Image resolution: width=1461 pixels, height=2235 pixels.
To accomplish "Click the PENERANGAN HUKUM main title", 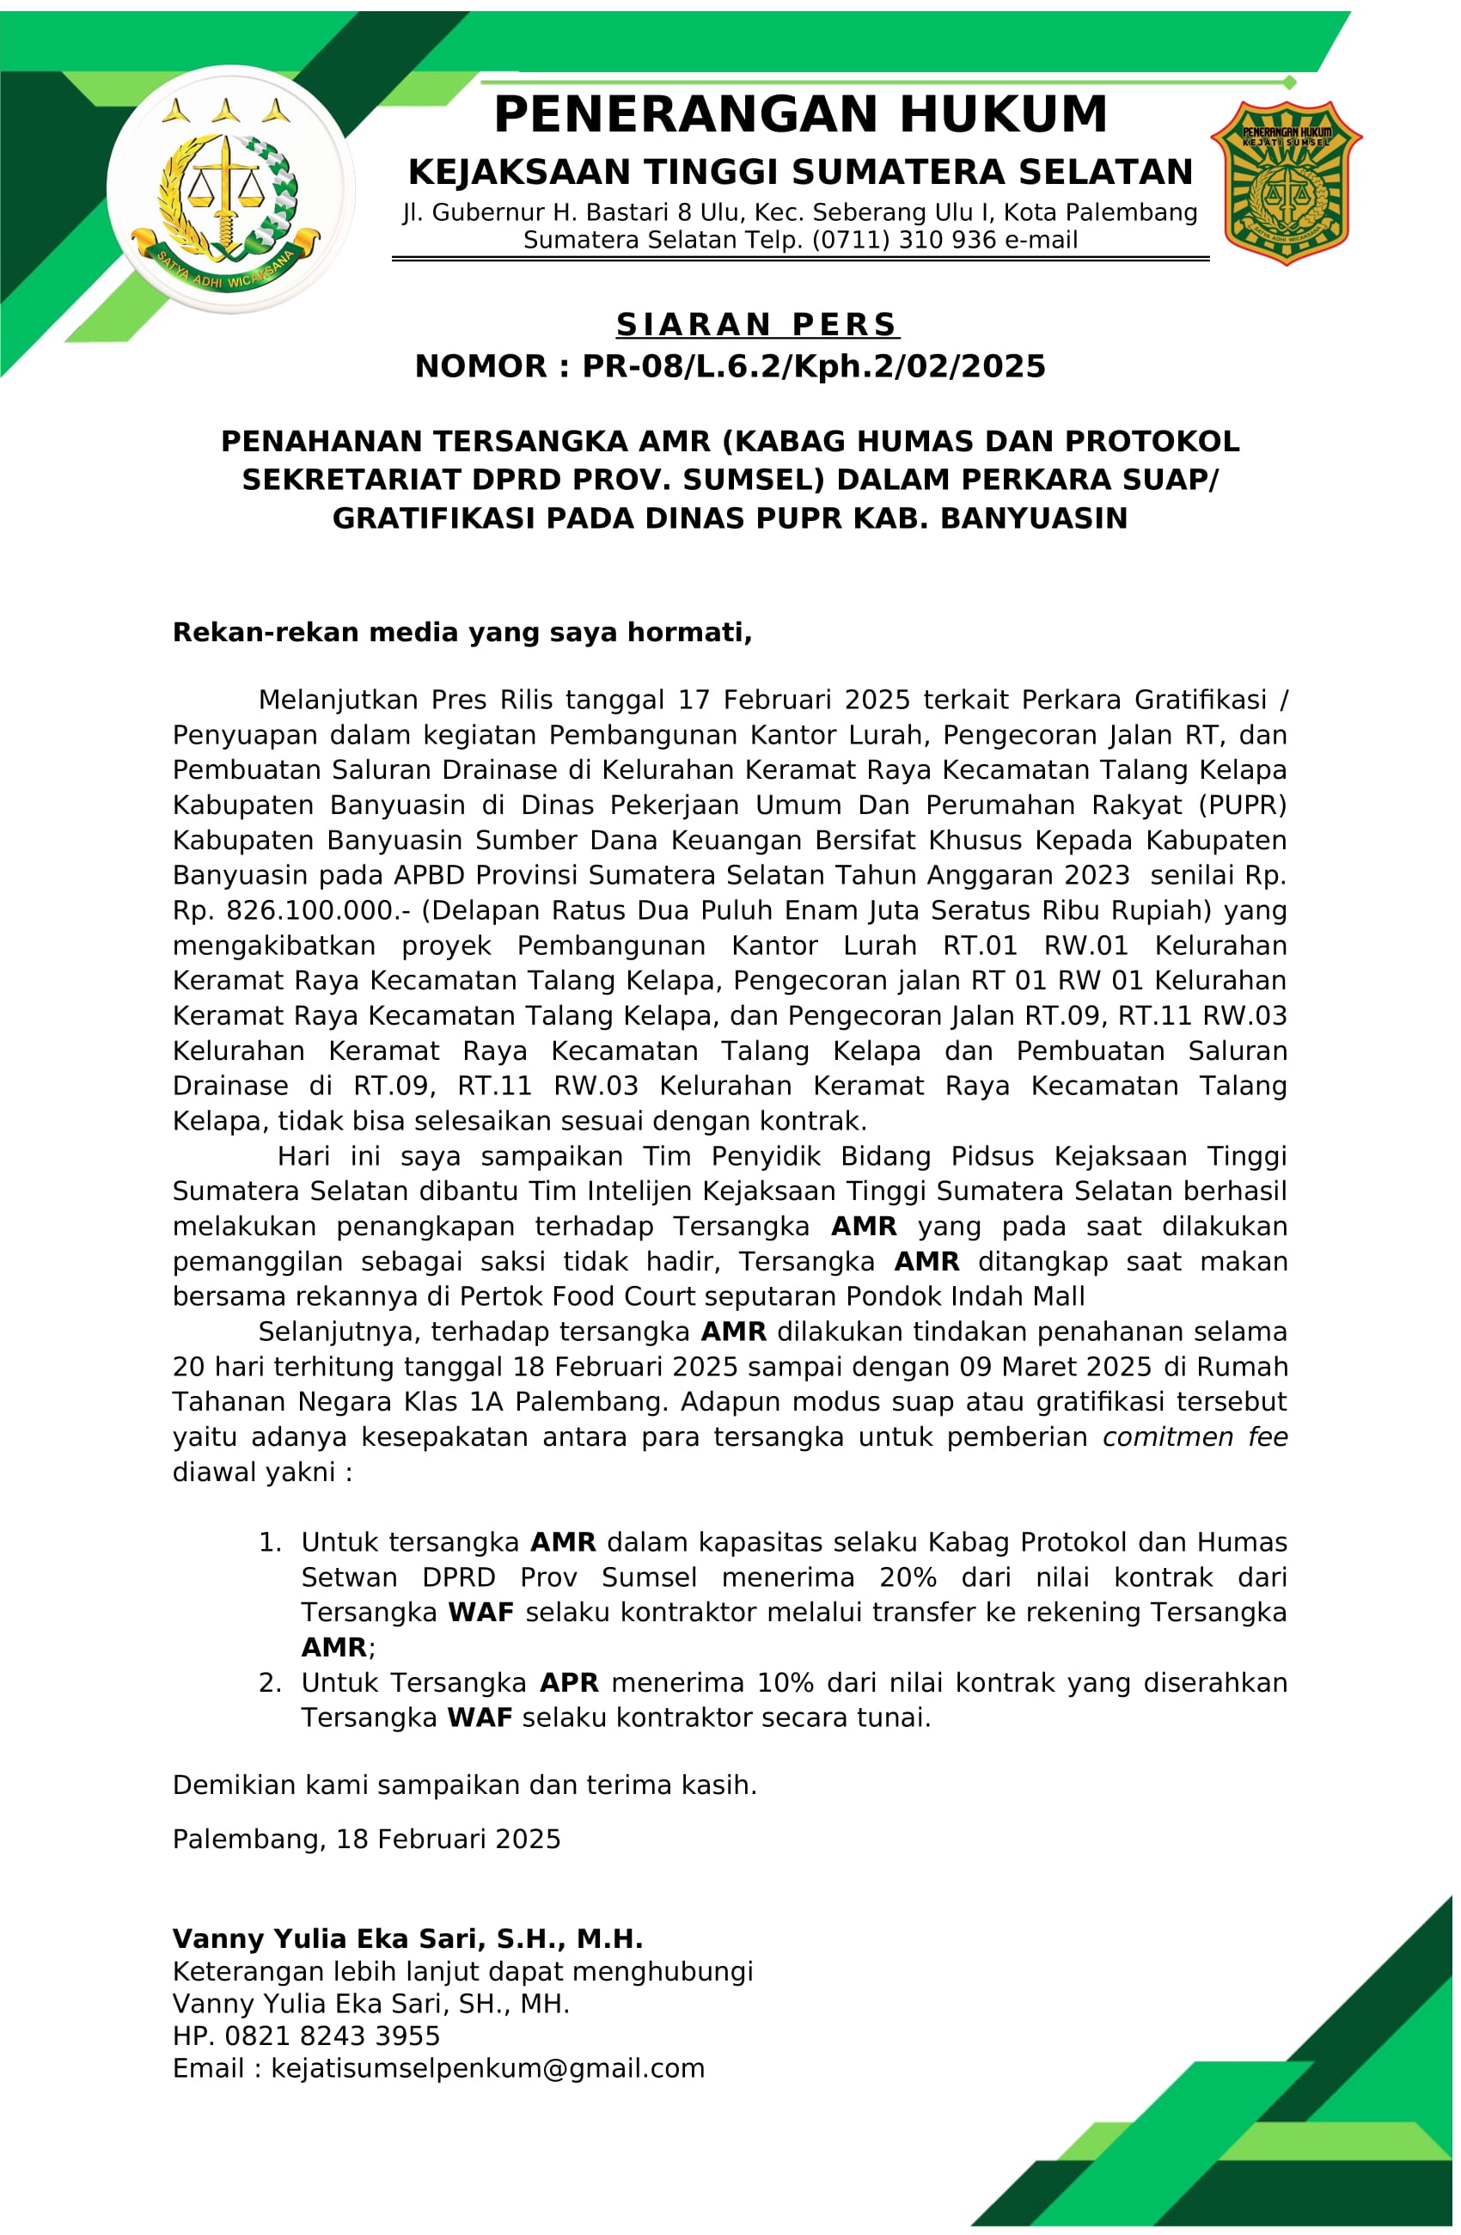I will [800, 115].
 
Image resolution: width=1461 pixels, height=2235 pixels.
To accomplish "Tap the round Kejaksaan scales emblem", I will [230, 190].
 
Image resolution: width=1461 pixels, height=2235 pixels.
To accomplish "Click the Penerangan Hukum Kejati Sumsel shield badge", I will [1287, 183].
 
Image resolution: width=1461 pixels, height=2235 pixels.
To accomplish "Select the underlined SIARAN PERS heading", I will [757, 325].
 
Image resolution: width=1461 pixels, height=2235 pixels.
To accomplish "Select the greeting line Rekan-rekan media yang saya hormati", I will [462, 633].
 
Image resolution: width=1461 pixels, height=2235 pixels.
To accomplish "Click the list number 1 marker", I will [270, 1543].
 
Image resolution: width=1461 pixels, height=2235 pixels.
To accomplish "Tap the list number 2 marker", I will [270, 1683].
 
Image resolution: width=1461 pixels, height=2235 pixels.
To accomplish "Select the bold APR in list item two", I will [569, 1683].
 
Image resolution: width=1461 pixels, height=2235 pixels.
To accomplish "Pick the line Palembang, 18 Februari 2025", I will [366, 1840].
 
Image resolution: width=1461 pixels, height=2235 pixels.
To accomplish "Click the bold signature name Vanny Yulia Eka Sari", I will [407, 1939].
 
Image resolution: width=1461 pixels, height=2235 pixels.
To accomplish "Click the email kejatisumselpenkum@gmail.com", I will [487, 2068].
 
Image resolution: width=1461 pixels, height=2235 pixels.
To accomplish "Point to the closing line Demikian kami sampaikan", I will [465, 1785].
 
